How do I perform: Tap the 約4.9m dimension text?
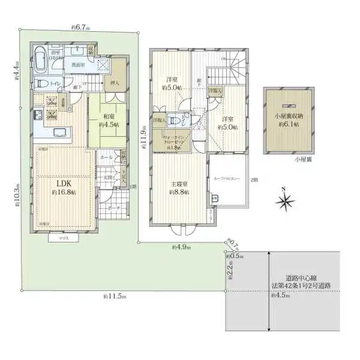(180, 247)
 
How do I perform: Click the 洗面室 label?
(77, 64)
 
